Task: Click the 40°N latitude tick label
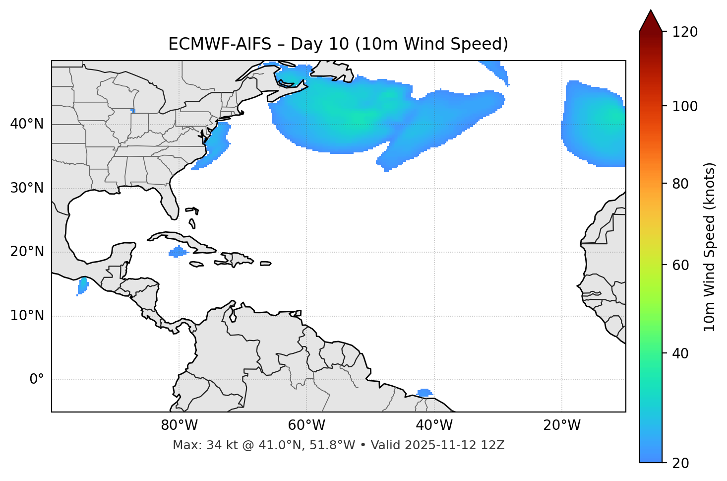click(x=27, y=124)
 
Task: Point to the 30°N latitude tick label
click(x=27, y=188)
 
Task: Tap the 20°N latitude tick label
click(x=27, y=252)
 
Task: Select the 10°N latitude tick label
click(x=27, y=316)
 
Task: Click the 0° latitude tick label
click(x=37, y=380)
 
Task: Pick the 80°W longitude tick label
click(x=179, y=425)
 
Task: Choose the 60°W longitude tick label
click(x=306, y=425)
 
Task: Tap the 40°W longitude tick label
click(x=434, y=425)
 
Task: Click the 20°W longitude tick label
click(x=562, y=425)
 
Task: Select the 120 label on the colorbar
click(x=684, y=32)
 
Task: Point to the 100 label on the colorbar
click(x=684, y=106)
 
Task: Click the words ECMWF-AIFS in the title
click(x=220, y=44)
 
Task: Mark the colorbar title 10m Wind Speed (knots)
click(x=710, y=247)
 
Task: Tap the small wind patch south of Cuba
click(x=178, y=252)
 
